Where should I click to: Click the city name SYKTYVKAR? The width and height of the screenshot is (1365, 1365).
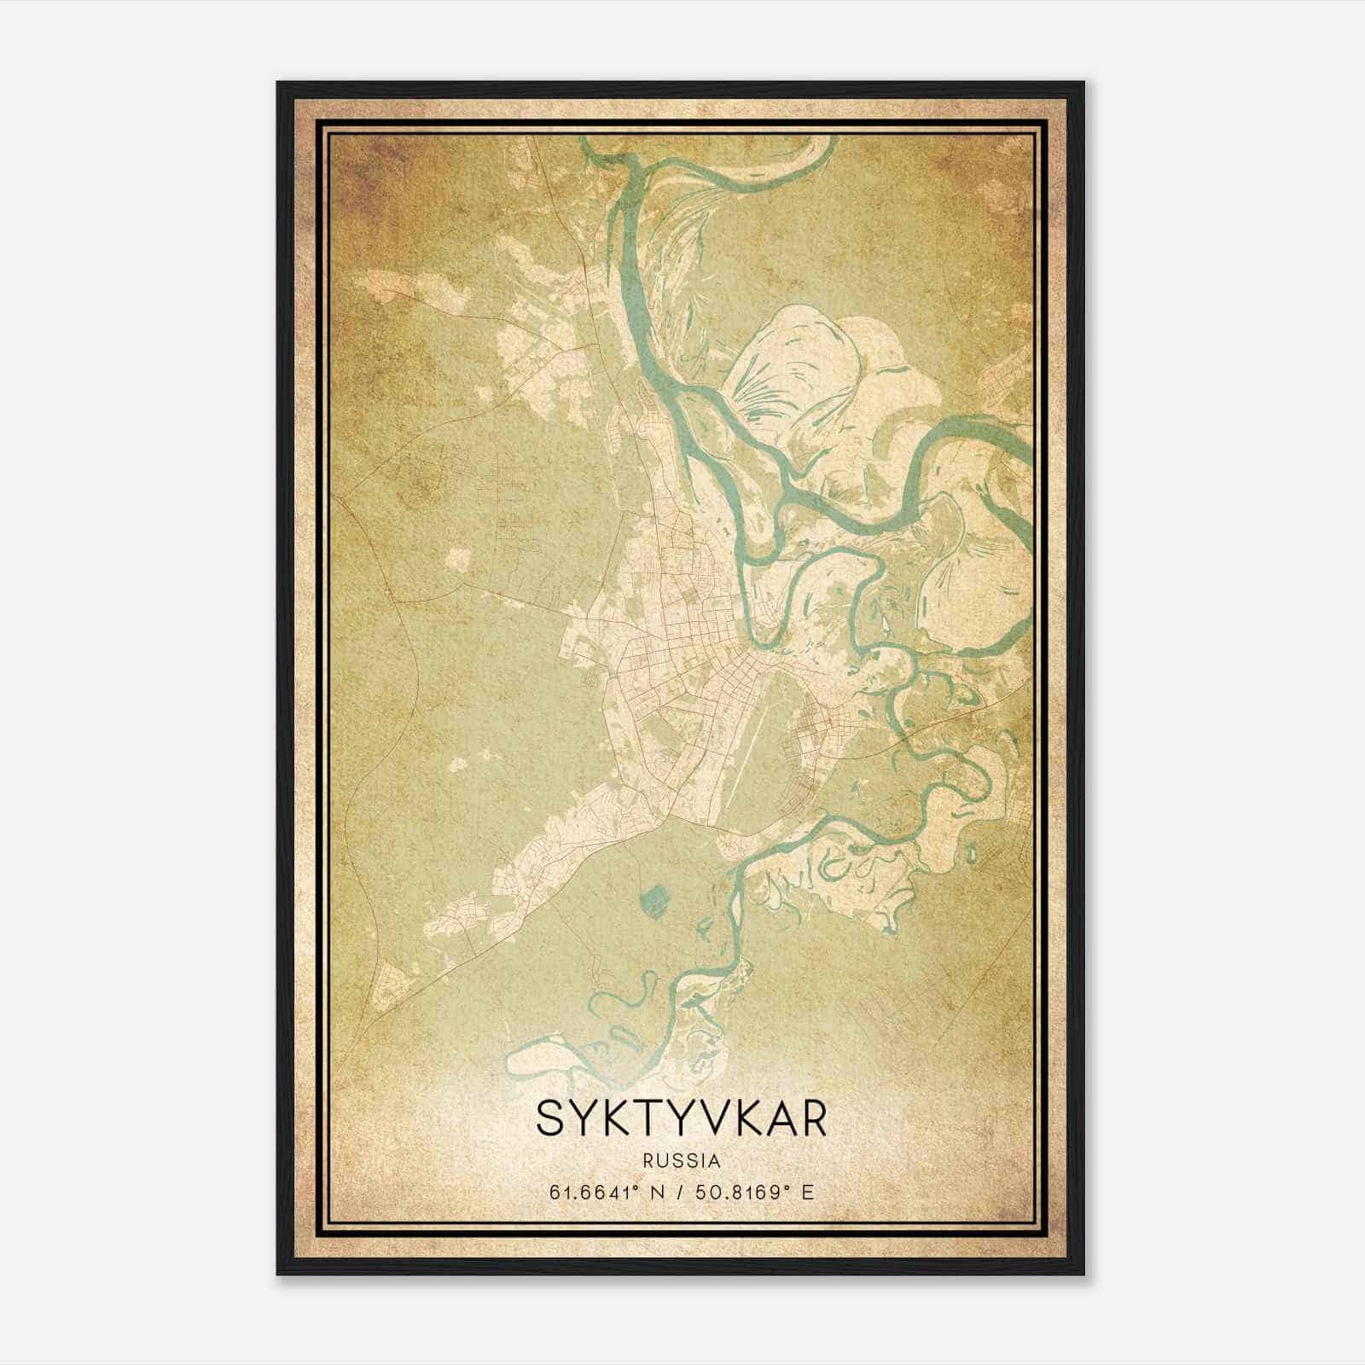tap(682, 1119)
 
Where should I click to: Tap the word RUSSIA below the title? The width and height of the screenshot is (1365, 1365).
tap(682, 1161)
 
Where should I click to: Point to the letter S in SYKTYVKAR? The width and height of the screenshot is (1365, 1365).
tap(551, 1119)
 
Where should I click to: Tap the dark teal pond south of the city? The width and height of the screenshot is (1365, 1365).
tap(654, 898)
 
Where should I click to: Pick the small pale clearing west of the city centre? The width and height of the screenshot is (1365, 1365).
tap(458, 560)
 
